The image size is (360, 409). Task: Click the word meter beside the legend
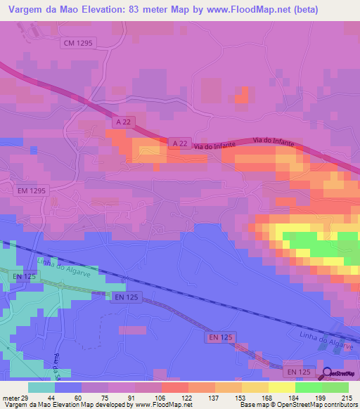(x=9, y=397)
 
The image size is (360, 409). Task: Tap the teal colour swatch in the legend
(x=41, y=387)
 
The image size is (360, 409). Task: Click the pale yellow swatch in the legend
(x=282, y=387)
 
